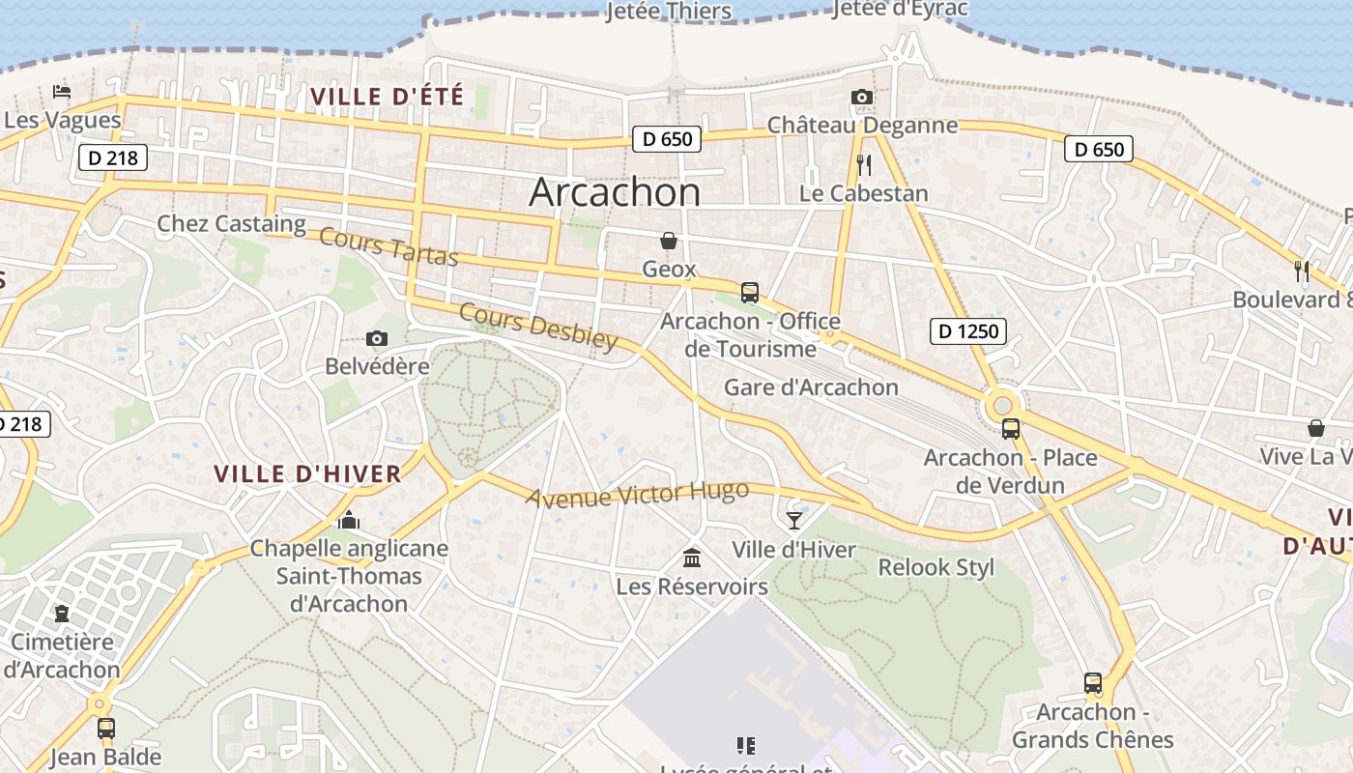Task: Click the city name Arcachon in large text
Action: tap(615, 192)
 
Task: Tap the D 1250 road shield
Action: tap(968, 332)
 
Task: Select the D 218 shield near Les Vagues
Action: tap(112, 157)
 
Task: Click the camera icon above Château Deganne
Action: tap(862, 97)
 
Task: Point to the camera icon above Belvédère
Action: tap(377, 338)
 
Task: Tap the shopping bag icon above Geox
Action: tap(669, 241)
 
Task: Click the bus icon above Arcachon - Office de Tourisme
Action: tap(749, 292)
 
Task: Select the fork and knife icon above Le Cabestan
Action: tap(864, 165)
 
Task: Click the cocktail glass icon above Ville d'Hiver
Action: tap(794, 521)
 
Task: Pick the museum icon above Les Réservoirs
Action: tap(692, 558)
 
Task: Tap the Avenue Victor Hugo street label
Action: tap(638, 494)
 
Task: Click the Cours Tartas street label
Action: tap(388, 245)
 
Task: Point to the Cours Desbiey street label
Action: tap(537, 327)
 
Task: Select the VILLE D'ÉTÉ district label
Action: tap(388, 96)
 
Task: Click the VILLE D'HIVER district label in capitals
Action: tap(307, 473)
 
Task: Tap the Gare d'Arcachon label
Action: tap(812, 387)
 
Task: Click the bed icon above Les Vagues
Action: tap(62, 92)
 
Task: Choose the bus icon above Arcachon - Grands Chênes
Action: tap(1092, 683)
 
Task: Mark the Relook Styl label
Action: tap(936, 567)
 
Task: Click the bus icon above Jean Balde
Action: tap(106, 728)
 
